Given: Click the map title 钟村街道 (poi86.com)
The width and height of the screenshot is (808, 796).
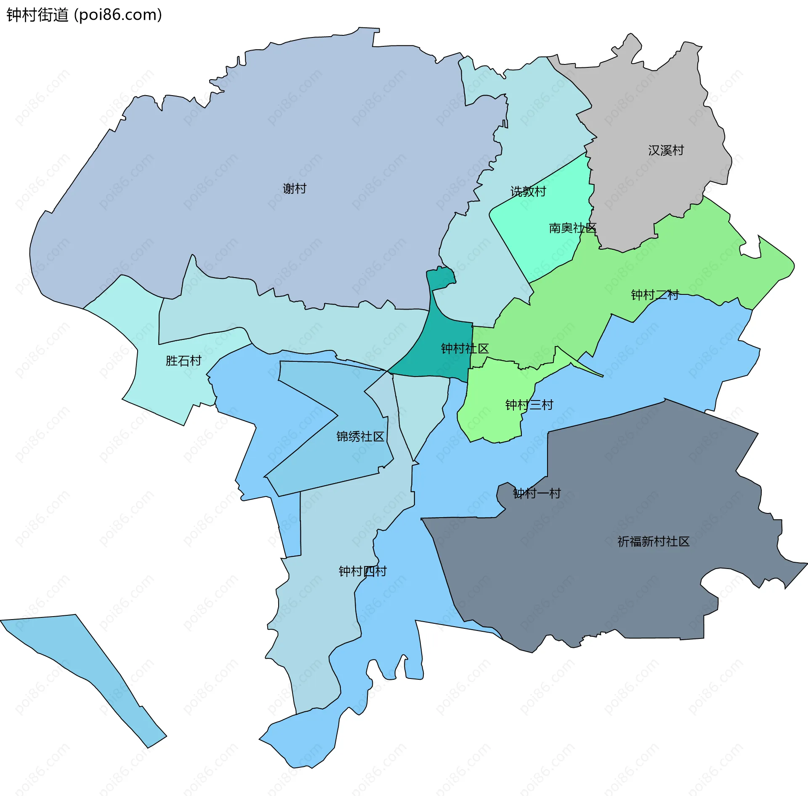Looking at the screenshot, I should (x=84, y=15).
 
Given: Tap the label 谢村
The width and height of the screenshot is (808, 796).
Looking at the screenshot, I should (x=294, y=188).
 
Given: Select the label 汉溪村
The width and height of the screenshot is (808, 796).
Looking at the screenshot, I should (x=666, y=150).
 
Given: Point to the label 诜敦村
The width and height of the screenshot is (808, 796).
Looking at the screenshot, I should (x=528, y=192).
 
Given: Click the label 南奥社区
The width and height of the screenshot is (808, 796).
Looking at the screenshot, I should (x=572, y=228).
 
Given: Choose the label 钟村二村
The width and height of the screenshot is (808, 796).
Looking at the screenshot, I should (x=655, y=295).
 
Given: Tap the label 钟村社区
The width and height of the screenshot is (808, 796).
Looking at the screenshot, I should (x=465, y=348).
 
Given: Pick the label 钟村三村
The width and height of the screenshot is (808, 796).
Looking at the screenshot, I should (x=529, y=405).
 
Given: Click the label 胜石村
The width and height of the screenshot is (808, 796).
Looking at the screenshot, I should (x=183, y=361).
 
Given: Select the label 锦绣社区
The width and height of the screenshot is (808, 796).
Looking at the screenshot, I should (x=360, y=436).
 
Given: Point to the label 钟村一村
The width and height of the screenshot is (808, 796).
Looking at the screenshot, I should (x=537, y=493).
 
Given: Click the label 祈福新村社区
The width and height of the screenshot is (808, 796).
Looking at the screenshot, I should (x=653, y=542).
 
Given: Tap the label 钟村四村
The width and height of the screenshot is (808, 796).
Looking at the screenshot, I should (x=362, y=571).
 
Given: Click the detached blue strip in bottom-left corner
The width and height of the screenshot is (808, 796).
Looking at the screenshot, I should (x=84, y=665).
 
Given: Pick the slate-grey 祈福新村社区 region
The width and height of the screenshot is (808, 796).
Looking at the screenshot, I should (x=610, y=590).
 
